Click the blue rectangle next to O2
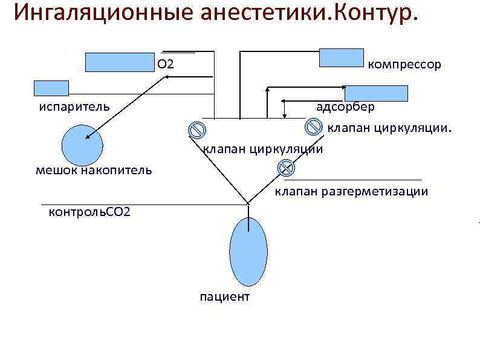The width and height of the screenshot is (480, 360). tap(120, 62)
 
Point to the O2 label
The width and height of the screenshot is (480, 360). tap(166, 64)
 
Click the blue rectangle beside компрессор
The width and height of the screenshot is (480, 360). tap(341, 57)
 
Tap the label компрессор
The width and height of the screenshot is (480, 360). tap(404, 64)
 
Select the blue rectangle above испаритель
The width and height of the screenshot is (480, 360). tap(51, 88)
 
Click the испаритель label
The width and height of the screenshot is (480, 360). tap(74, 107)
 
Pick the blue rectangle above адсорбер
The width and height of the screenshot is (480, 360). tap(376, 93)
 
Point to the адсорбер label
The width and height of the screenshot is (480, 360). tap(345, 107)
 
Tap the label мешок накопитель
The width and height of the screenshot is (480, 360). tap(94, 170)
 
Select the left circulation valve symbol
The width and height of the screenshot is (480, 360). tap(196, 130)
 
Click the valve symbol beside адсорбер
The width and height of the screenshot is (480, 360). tap(313, 126)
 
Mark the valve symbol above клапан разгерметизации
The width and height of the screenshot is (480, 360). tap(285, 168)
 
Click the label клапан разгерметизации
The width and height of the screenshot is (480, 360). tap(351, 192)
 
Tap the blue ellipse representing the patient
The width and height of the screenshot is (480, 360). tap(248, 252)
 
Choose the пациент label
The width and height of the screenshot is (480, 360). tap(224, 297)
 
